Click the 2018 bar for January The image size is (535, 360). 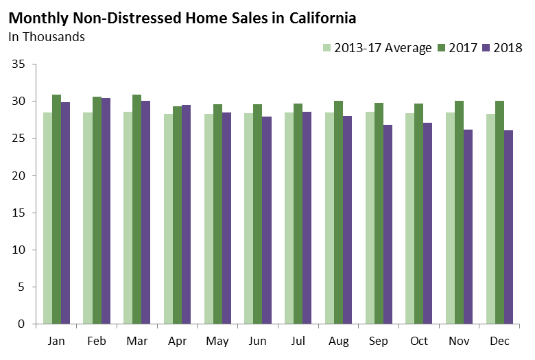66,213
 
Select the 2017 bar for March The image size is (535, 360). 137,209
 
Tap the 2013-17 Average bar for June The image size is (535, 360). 248,218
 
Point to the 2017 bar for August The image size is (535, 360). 339,213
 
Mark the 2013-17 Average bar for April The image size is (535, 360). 168,219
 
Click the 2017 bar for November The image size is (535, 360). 460,213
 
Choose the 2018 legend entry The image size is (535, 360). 508,48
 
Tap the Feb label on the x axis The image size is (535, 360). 97,341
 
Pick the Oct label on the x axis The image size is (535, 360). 419,341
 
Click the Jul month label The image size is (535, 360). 298,341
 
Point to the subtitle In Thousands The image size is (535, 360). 47,36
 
